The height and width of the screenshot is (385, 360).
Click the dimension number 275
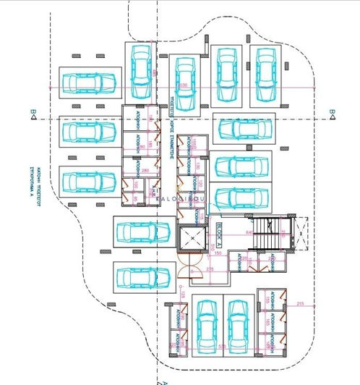210,270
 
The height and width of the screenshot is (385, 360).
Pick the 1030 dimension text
182,85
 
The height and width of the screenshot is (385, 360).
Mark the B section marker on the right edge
331,111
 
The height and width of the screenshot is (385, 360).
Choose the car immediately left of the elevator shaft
142,234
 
